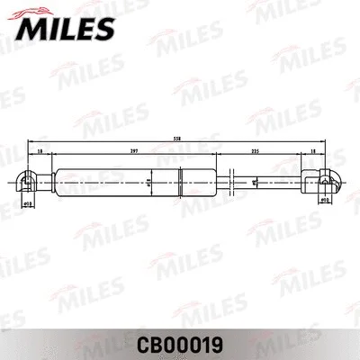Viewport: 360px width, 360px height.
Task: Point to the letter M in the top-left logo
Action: tap(27, 30)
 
